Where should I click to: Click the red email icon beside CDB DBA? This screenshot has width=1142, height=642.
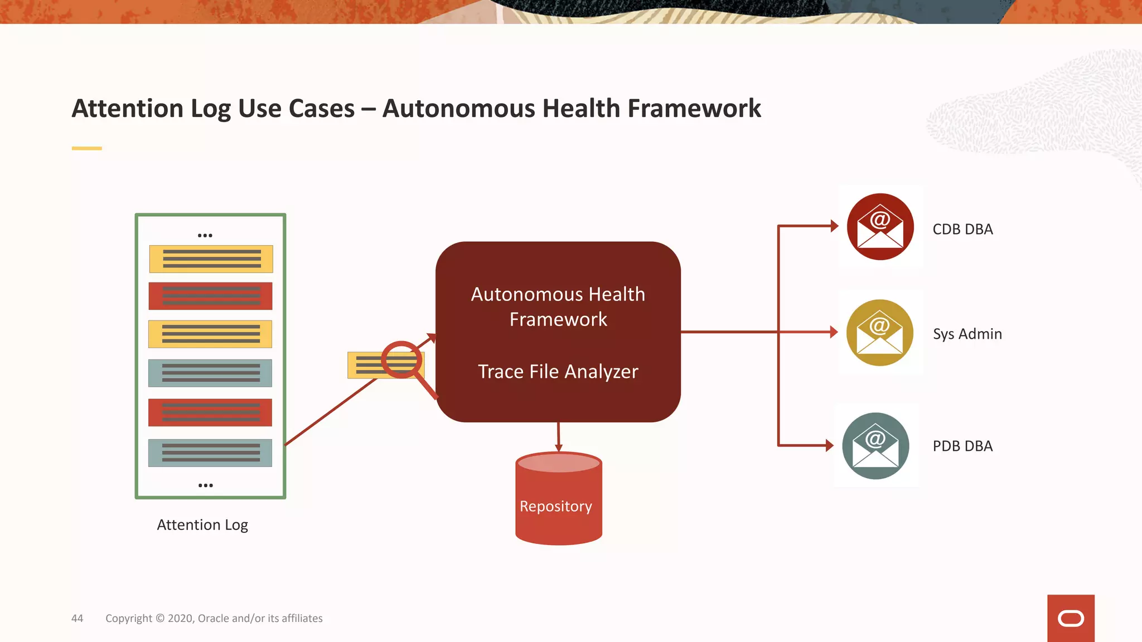(880, 227)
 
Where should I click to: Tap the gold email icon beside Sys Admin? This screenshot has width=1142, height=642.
(879, 333)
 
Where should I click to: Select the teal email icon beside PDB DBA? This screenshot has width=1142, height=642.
(875, 446)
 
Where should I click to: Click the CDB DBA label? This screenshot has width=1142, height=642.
(962, 229)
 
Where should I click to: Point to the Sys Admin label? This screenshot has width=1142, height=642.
(967, 334)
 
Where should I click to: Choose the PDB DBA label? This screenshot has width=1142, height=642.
(962, 446)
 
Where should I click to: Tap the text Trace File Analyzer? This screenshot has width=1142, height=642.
(558, 371)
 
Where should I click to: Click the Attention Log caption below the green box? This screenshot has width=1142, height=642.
(202, 525)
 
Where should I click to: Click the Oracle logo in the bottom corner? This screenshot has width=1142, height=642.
(1071, 618)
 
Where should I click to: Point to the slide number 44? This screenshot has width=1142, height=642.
(77, 618)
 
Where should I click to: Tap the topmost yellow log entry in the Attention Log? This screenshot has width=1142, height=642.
(211, 259)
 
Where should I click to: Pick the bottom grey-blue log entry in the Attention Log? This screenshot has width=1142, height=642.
(210, 453)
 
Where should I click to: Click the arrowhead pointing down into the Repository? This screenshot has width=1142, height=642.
(558, 448)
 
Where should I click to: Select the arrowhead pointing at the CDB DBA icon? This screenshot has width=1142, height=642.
(834, 226)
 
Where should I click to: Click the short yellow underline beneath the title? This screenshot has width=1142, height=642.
(86, 148)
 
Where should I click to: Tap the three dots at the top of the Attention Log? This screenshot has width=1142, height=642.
(205, 235)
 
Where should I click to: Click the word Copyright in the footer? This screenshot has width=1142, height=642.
(129, 618)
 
